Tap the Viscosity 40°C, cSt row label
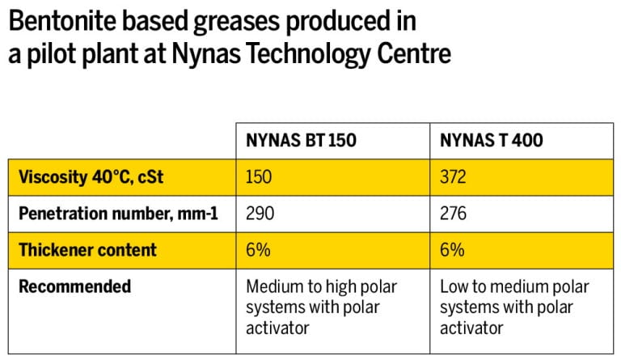(x=91, y=176)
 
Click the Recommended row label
(x=74, y=286)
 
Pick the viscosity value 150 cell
(x=259, y=176)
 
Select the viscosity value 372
(x=454, y=176)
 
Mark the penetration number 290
(x=260, y=214)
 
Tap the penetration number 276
(x=454, y=214)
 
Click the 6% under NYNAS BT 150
(x=257, y=250)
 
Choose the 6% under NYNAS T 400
(x=452, y=250)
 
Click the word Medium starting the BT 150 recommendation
(x=272, y=287)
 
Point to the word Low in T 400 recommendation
(x=454, y=287)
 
